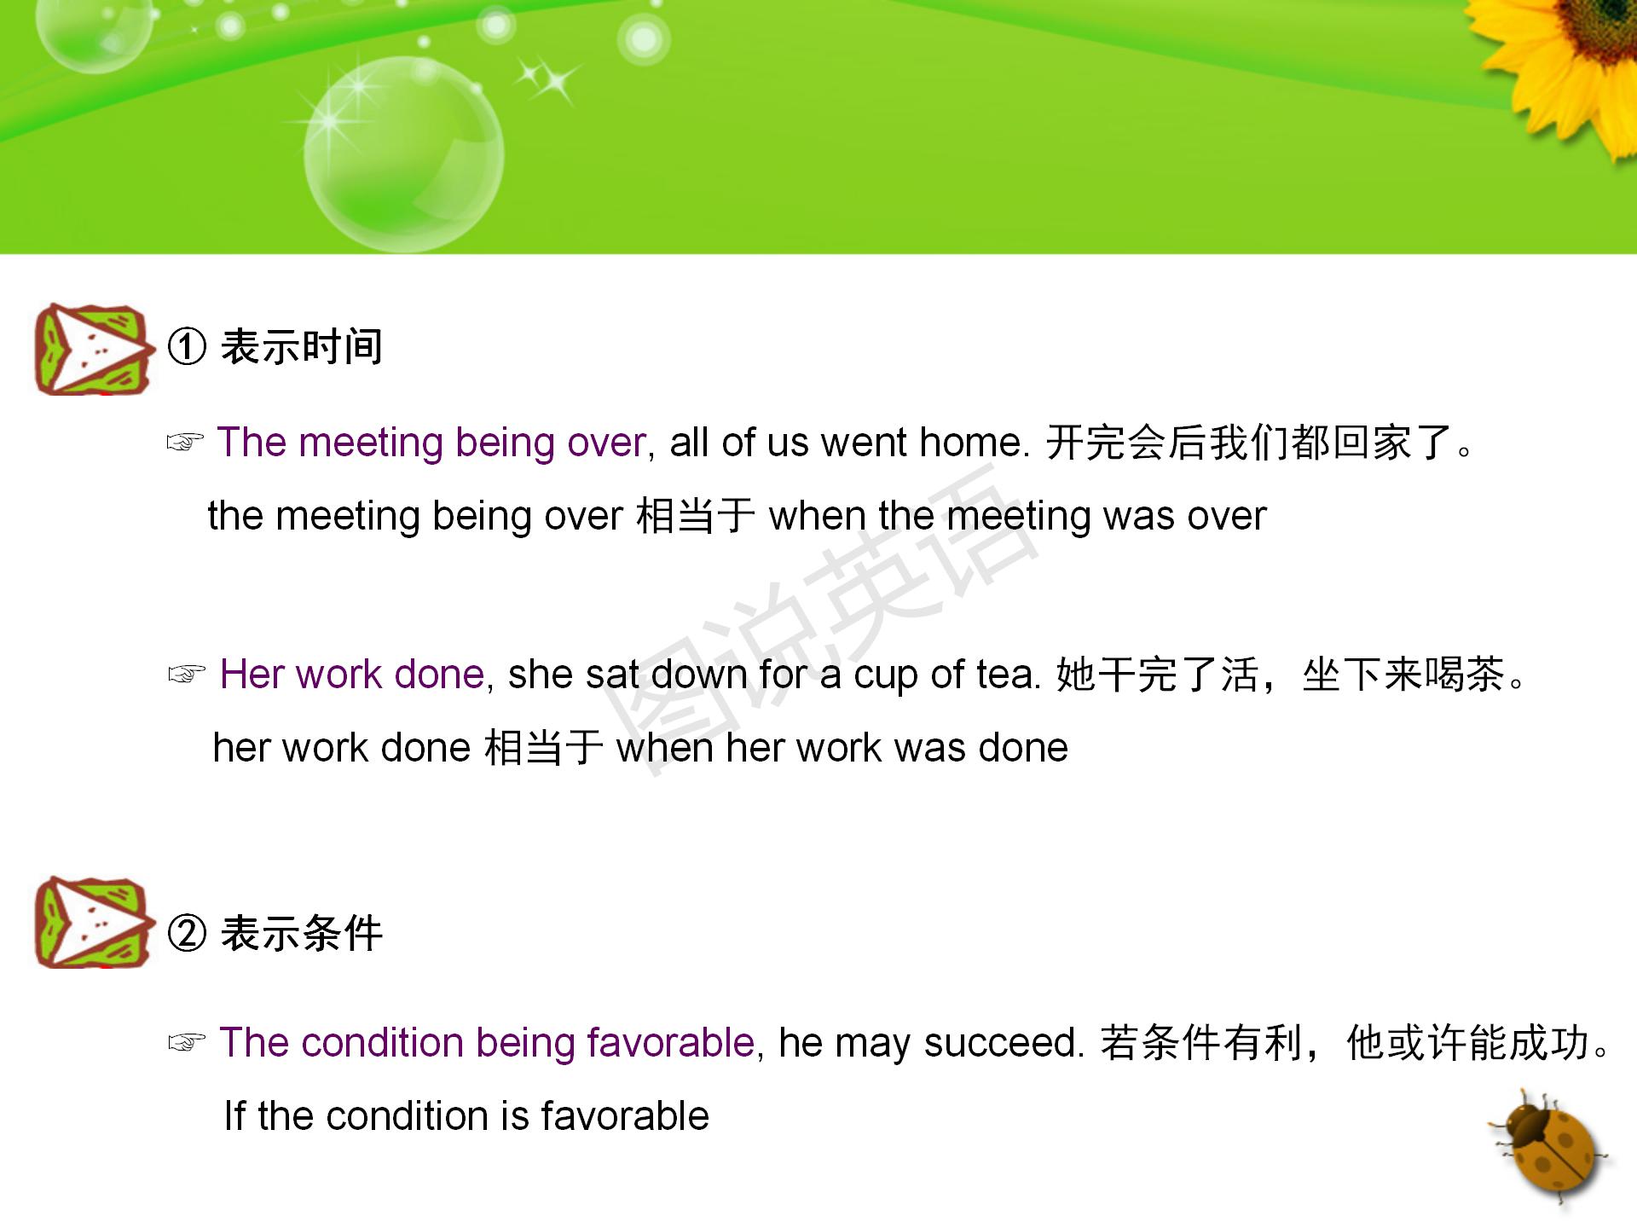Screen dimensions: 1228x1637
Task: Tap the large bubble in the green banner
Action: (403, 154)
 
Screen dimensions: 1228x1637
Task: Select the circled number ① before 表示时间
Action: (187, 347)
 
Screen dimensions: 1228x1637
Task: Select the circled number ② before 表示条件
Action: (187, 933)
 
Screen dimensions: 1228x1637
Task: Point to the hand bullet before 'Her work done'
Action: (186, 675)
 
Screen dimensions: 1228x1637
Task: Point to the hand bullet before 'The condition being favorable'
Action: (186, 1043)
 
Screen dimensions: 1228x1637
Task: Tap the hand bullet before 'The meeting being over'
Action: (185, 443)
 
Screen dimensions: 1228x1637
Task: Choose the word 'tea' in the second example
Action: (1006, 675)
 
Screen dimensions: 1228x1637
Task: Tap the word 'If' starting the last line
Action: (234, 1116)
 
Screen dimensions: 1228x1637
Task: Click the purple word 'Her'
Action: (251, 675)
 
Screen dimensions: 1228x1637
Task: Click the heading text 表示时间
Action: (302, 347)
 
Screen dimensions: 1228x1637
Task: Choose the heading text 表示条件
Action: (302, 933)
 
